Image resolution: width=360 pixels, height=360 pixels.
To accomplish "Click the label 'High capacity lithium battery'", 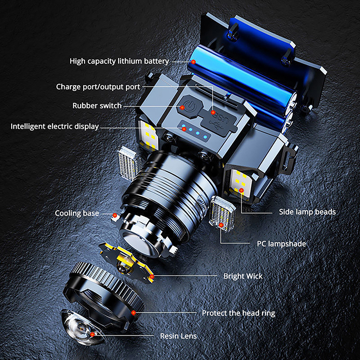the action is [119, 61].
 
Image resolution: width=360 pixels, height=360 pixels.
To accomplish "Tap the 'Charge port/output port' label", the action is [98, 87].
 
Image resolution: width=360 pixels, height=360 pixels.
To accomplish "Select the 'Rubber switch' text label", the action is [97, 106].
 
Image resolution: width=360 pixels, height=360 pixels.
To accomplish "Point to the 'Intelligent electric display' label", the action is [54, 126].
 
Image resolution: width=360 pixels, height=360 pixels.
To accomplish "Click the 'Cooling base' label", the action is [77, 213].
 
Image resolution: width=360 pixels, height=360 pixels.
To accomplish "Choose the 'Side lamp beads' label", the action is [307, 212].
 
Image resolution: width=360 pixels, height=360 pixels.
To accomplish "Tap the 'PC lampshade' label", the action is [281, 243].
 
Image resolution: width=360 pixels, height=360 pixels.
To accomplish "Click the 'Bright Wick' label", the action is [243, 276].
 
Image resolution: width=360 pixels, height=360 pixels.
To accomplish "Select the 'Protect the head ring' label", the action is [238, 313].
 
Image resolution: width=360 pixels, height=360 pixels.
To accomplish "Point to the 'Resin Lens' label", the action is [178, 336].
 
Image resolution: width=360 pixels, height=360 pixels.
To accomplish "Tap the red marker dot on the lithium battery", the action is [193, 62].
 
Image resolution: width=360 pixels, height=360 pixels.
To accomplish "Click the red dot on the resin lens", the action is [92, 334].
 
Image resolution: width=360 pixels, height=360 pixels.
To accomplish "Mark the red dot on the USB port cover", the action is [213, 112].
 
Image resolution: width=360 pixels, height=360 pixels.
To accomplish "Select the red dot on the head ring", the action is [133, 312].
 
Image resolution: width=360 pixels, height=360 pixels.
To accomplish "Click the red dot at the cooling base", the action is [115, 216].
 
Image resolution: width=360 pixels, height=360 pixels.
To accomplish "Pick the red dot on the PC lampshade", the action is [221, 225].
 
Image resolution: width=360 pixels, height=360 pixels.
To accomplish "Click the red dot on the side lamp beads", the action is [241, 190].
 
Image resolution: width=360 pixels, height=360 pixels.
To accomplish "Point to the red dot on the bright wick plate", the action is [152, 277].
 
